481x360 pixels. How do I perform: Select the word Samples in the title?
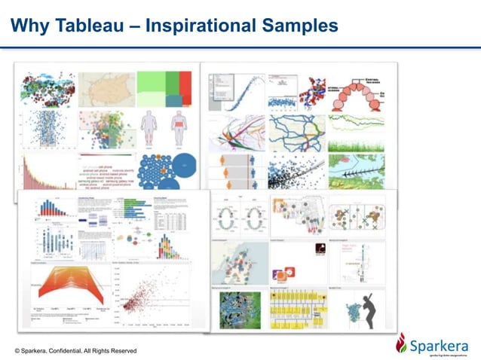coord(301,27)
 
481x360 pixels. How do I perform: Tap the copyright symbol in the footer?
coord(17,351)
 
